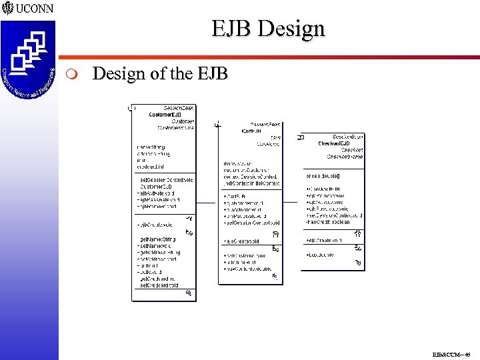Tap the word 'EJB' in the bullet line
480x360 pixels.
[x=213, y=73]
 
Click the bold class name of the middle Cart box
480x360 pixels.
[x=251, y=131]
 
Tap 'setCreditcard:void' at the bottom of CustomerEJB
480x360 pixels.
[x=159, y=285]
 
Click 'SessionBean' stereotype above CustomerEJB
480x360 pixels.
[x=179, y=107]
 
